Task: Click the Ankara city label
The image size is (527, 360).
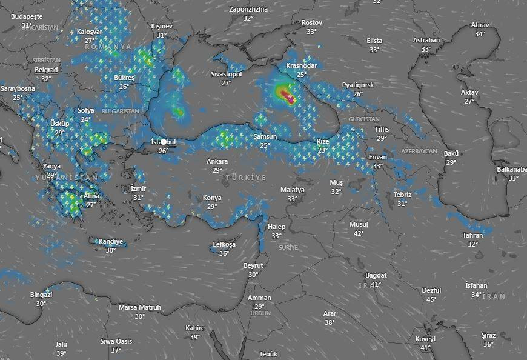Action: pyautogui.click(x=217, y=161)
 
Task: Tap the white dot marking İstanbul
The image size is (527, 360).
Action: pyautogui.click(x=163, y=142)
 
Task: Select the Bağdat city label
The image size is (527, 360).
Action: pyautogui.click(x=376, y=275)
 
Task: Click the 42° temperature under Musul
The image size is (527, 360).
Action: pyautogui.click(x=359, y=233)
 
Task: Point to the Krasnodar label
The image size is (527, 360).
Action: pyautogui.click(x=301, y=65)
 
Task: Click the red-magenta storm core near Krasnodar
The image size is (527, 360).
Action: pyautogui.click(x=290, y=98)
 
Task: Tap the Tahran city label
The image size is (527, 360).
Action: pyautogui.click(x=472, y=235)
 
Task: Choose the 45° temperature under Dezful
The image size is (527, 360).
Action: pyautogui.click(x=431, y=299)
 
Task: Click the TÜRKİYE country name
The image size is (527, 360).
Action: pyautogui.click(x=245, y=178)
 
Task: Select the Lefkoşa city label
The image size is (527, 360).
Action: pyautogui.click(x=224, y=245)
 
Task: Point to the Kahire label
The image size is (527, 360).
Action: pyautogui.click(x=195, y=328)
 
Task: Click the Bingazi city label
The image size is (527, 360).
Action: pyautogui.click(x=41, y=295)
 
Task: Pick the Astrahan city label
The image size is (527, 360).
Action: pyautogui.click(x=426, y=40)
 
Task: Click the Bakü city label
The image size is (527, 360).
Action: pyautogui.click(x=451, y=153)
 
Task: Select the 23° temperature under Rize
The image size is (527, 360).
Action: pyautogui.click(x=322, y=150)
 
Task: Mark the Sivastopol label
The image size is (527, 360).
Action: pyautogui.click(x=226, y=74)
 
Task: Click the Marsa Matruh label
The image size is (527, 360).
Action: pyautogui.click(x=139, y=307)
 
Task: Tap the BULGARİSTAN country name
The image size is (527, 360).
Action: pyautogui.click(x=120, y=112)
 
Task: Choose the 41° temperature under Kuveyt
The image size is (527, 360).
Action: pyautogui.click(x=425, y=348)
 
